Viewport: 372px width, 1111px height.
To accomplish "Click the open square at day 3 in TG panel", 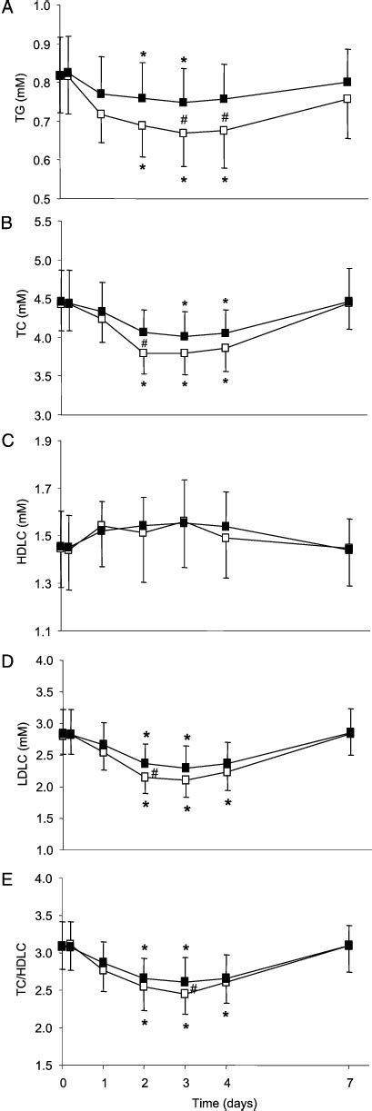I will [184, 133].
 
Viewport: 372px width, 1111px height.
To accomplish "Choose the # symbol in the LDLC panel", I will [155, 773].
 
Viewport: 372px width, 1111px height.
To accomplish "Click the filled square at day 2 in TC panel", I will [143, 332].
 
